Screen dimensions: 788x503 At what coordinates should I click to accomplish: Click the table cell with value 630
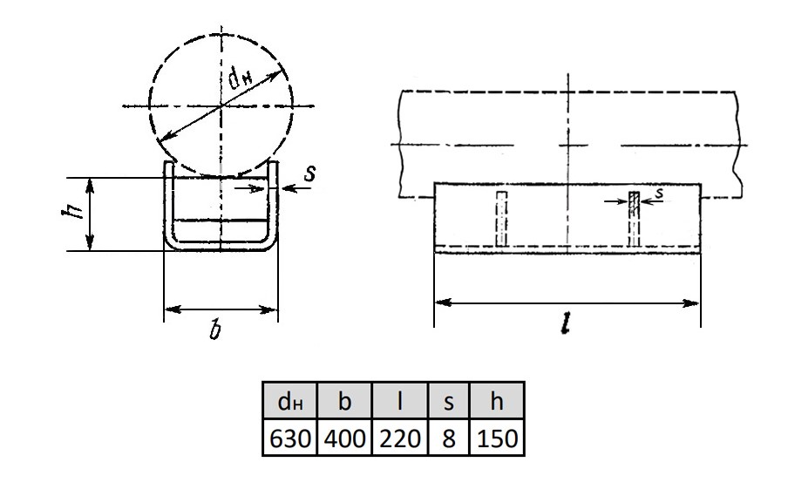pos(290,438)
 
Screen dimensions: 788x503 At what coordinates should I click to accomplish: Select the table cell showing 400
pos(345,438)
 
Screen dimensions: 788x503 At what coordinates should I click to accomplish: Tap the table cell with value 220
pos(400,438)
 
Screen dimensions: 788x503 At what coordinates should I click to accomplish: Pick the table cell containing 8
pos(448,438)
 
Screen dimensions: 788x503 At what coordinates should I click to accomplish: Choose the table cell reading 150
pos(497,438)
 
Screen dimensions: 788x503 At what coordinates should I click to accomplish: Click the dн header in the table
pos(290,400)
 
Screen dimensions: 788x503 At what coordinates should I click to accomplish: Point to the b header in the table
pos(345,400)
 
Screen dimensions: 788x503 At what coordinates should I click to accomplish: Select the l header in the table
pos(400,400)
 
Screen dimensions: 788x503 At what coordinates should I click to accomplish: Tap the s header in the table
pos(448,400)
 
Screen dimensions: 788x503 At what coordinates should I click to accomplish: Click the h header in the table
pos(497,400)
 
